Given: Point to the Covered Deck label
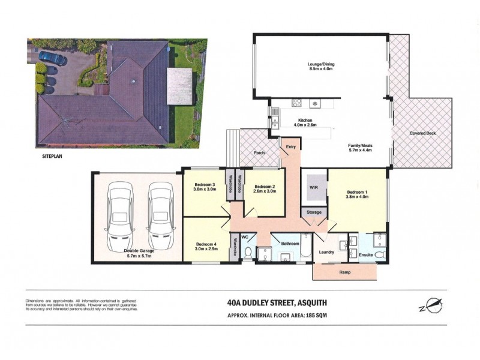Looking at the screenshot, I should pyautogui.click(x=422, y=133).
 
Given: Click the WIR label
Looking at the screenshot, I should pyautogui.click(x=313, y=187).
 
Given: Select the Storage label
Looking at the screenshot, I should pyautogui.click(x=314, y=212).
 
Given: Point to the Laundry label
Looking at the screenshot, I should pyautogui.click(x=327, y=253).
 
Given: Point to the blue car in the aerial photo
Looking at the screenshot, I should pyautogui.click(x=53, y=58).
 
